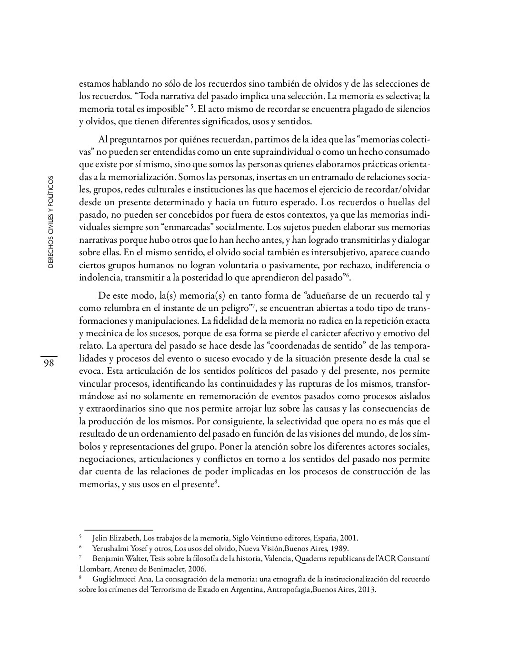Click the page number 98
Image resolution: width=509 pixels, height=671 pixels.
coord(49,363)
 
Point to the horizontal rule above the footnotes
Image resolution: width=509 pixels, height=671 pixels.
coord(119,530)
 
